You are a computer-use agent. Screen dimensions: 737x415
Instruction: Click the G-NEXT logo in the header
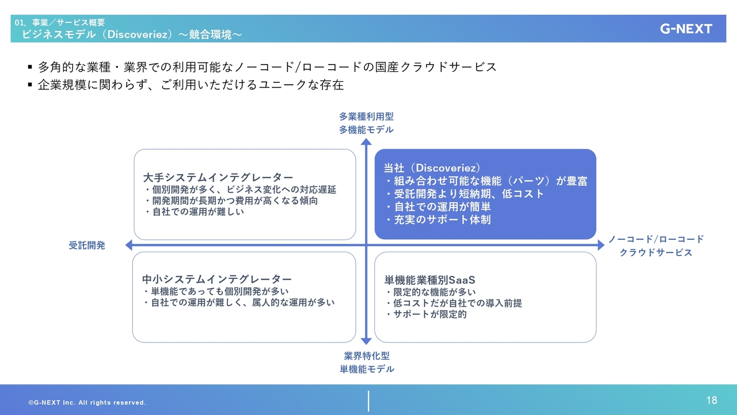click(686, 29)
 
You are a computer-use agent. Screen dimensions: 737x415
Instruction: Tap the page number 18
click(711, 400)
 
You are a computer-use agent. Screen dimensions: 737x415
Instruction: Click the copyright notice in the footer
click(87, 402)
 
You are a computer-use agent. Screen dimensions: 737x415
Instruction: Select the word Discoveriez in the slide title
click(137, 34)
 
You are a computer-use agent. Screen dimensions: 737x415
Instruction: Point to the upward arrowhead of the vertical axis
click(366, 142)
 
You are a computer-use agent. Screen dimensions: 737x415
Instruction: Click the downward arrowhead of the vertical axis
click(366, 341)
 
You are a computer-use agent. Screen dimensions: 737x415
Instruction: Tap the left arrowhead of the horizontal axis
click(129, 245)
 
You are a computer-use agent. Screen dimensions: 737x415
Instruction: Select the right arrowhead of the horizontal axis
click(601, 245)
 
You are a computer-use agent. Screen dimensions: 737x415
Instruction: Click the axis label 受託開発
click(87, 246)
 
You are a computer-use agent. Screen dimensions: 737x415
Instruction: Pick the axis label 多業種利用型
click(366, 116)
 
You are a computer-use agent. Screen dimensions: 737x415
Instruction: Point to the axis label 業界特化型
click(367, 356)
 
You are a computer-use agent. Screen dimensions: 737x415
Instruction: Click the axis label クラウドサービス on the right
click(656, 252)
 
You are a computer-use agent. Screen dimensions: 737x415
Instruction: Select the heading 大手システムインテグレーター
click(218, 178)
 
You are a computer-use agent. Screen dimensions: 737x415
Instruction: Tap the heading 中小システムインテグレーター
click(217, 280)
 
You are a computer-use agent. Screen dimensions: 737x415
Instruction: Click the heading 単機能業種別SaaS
click(430, 280)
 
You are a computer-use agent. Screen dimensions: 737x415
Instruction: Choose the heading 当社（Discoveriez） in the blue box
click(432, 168)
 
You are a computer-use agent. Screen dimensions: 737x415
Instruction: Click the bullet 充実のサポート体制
click(442, 220)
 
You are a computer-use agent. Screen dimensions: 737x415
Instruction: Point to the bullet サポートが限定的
click(430, 314)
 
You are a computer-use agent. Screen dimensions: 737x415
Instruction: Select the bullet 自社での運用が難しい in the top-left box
click(198, 212)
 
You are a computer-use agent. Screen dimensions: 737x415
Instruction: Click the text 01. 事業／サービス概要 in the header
click(59, 22)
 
